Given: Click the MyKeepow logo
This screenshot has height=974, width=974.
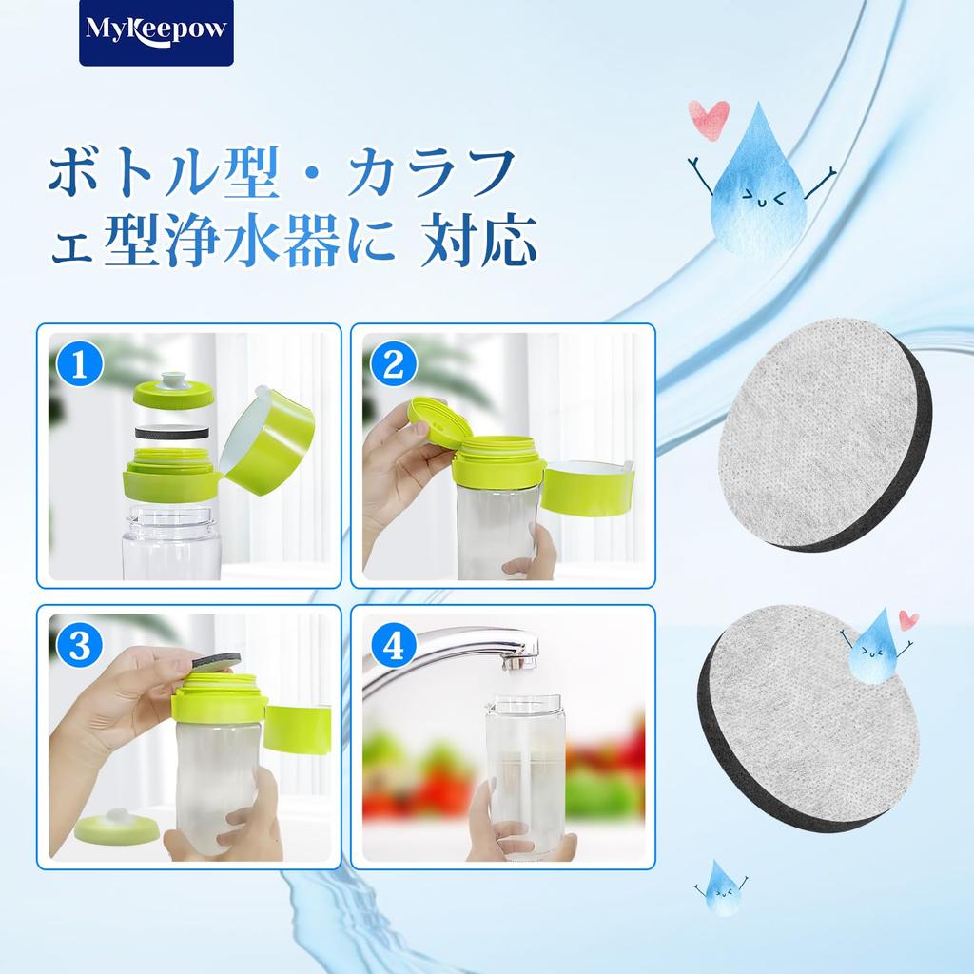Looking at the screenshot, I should tap(156, 32).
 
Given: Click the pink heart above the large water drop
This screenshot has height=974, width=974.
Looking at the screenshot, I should tap(708, 119).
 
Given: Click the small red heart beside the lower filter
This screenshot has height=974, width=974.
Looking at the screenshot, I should tap(908, 620).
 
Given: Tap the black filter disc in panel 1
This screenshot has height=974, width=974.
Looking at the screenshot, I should tap(173, 431).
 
